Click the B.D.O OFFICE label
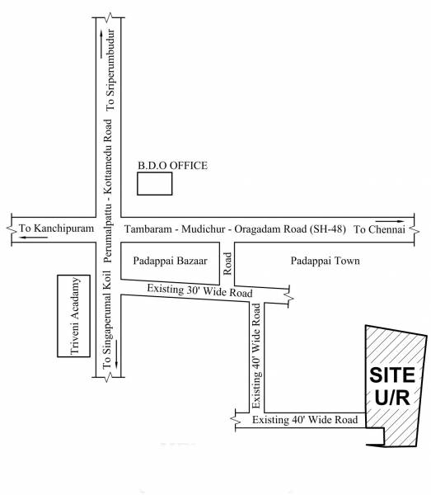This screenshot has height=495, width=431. point(171,166)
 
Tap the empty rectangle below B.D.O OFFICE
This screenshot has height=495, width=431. point(154,184)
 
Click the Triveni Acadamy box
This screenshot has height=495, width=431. point(71,316)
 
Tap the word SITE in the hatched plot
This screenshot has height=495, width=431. point(391,375)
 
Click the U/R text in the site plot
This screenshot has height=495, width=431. point(391,398)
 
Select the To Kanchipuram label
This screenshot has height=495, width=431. point(48,229)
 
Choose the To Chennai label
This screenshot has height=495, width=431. point(379,229)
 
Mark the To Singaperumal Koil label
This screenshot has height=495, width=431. point(108,330)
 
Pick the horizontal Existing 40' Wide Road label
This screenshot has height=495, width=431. point(305,421)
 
